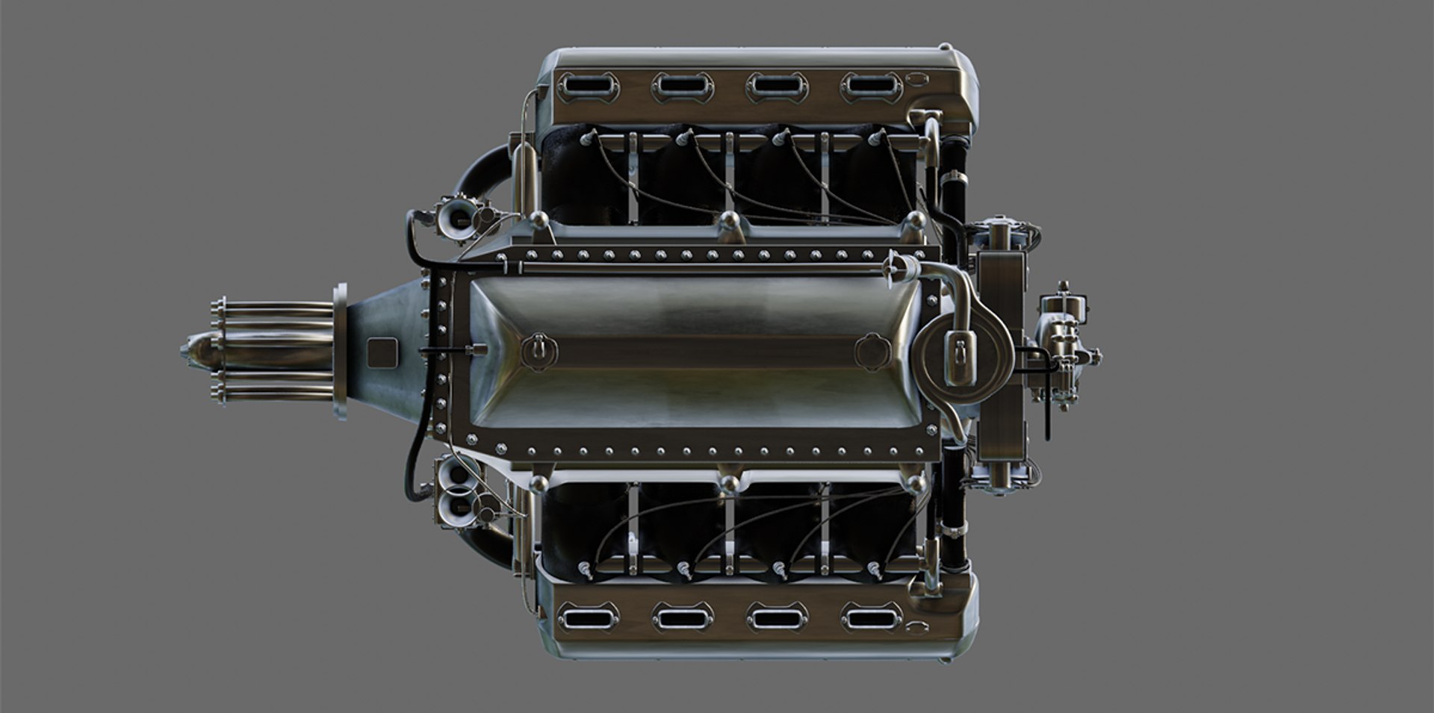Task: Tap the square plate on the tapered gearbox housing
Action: click(382, 352)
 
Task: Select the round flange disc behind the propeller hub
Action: click(341, 351)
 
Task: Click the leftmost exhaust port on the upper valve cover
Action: click(588, 87)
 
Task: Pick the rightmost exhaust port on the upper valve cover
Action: click(871, 87)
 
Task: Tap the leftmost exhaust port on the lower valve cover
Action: click(588, 617)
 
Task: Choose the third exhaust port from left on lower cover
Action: click(777, 617)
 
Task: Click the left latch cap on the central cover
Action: click(538, 350)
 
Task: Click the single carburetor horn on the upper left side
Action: click(459, 218)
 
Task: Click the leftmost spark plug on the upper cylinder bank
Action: click(589, 138)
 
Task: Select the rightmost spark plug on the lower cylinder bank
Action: click(874, 570)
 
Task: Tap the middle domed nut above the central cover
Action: click(729, 221)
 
